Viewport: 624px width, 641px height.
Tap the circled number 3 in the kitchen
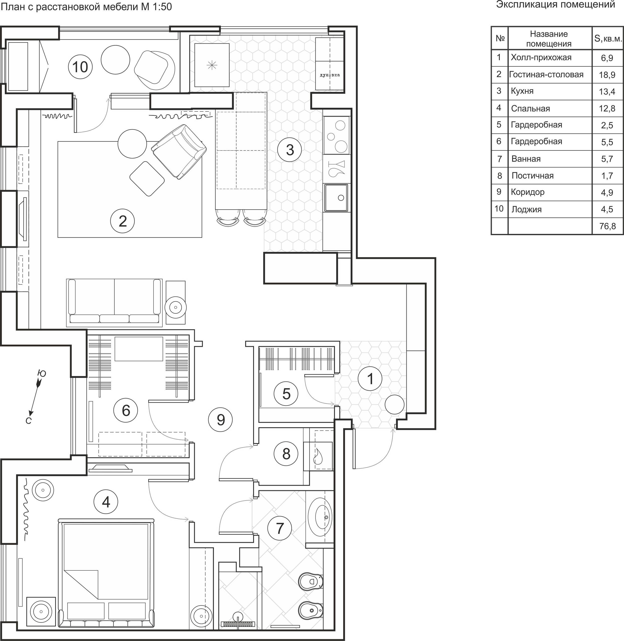click(x=290, y=150)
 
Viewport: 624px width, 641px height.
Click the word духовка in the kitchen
click(x=330, y=75)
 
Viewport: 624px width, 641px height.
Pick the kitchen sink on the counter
click(x=336, y=198)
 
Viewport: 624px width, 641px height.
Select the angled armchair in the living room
click(x=179, y=151)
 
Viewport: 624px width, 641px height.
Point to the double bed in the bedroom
click(x=106, y=573)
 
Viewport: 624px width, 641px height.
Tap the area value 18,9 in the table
click(x=607, y=75)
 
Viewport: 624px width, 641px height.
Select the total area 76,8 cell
click(x=607, y=226)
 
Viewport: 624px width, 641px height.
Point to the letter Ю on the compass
click(x=42, y=373)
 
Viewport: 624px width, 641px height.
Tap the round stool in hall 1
click(x=395, y=405)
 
